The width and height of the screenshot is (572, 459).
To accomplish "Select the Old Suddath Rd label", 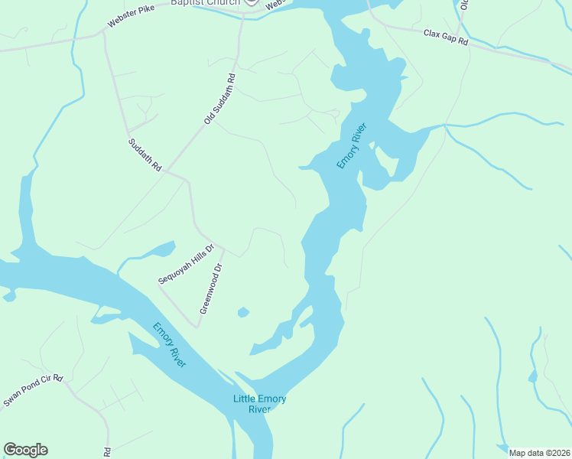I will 219,99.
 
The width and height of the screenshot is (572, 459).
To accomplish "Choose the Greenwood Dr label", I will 210,289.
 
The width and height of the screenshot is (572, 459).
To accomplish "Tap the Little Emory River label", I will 260,404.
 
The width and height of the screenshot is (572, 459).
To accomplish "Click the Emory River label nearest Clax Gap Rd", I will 353,146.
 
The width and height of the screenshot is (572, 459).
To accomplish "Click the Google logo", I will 25,450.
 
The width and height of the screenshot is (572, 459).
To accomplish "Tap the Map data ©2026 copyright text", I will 539,453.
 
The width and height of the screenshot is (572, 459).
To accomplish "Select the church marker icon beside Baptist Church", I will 252,2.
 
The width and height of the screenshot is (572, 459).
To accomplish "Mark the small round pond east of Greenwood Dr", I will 243,312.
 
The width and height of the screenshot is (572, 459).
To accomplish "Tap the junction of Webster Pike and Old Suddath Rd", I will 242,18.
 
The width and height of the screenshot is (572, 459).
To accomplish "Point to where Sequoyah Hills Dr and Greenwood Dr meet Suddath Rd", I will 222,246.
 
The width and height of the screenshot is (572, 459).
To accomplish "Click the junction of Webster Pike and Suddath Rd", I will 103,34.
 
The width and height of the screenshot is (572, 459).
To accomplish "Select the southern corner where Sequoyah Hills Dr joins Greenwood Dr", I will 197,327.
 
